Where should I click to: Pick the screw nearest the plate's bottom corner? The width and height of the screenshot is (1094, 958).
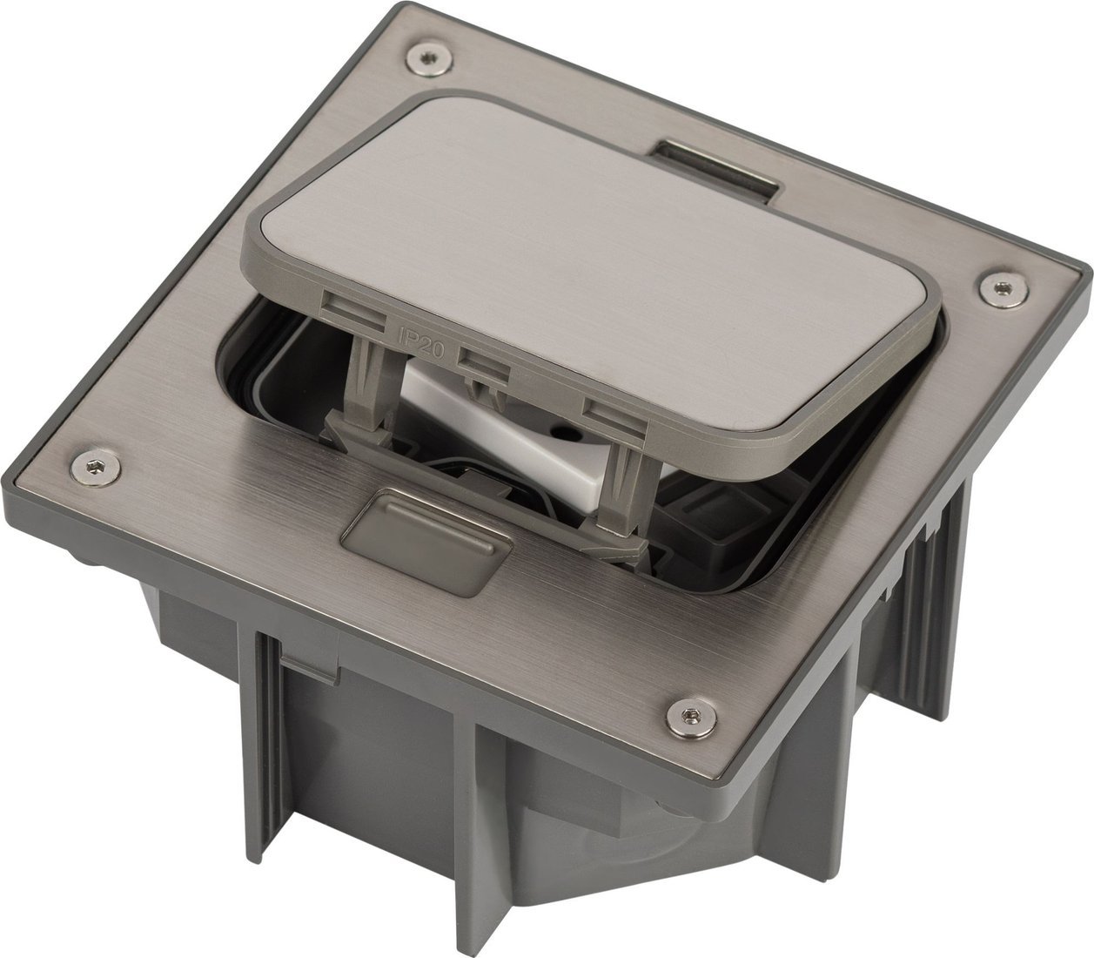tap(691, 715)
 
